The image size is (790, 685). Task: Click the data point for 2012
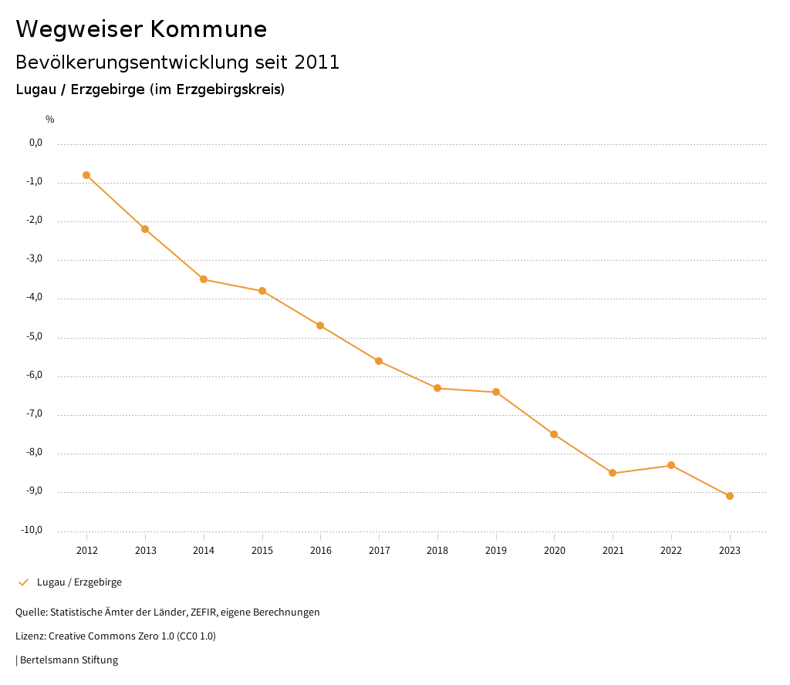click(x=86, y=175)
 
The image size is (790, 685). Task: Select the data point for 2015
click(x=262, y=291)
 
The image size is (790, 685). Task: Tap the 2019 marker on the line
click(x=496, y=392)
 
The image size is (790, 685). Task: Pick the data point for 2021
click(x=613, y=473)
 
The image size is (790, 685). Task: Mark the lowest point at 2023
click(x=730, y=496)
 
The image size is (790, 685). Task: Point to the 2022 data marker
click(x=671, y=465)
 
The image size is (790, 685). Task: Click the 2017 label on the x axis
click(x=379, y=550)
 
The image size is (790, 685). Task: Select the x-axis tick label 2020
click(x=554, y=550)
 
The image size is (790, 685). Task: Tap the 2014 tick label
click(x=204, y=550)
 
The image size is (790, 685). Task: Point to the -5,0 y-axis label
click(x=35, y=336)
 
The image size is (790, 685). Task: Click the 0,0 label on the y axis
click(x=36, y=143)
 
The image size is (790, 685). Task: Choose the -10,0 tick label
click(x=33, y=530)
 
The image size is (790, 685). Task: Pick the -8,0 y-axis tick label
click(x=35, y=453)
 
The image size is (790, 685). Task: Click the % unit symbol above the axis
click(x=50, y=120)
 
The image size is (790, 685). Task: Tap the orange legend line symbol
click(x=23, y=582)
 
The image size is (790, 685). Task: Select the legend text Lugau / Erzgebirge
click(x=79, y=582)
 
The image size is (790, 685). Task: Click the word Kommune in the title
click(x=208, y=29)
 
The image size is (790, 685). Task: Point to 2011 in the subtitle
click(x=317, y=62)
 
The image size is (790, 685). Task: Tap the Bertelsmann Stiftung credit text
click(x=69, y=660)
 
